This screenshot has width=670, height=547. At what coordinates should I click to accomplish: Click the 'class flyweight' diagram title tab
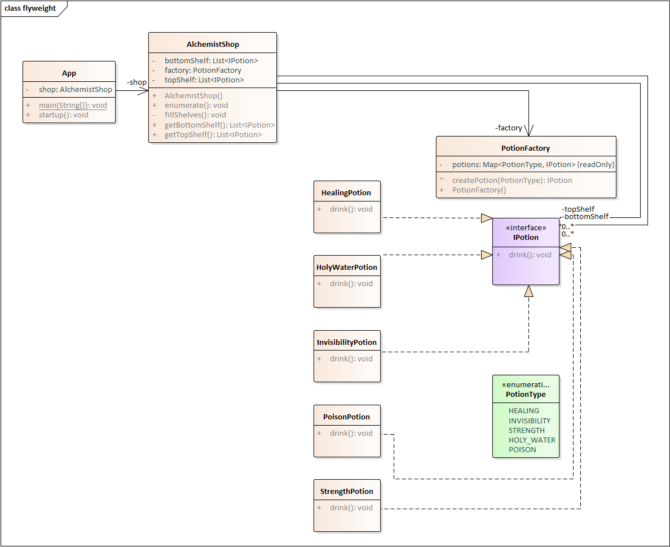click(30, 8)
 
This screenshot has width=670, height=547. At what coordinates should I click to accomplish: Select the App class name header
click(69, 73)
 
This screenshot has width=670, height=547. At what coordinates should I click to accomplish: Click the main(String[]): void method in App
click(73, 105)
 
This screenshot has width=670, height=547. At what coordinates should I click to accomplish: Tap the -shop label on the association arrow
click(136, 82)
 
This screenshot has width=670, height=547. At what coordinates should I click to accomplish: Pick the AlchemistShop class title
click(213, 45)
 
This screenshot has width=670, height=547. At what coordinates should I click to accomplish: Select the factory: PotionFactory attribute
click(203, 71)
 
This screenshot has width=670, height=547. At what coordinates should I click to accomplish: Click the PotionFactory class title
click(526, 148)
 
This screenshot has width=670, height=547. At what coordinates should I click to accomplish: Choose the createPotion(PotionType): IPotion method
click(512, 181)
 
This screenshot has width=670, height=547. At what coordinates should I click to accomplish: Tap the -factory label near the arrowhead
click(509, 128)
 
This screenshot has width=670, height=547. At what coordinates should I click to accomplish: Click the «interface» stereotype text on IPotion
click(526, 228)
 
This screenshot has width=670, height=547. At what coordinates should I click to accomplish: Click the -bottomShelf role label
click(585, 216)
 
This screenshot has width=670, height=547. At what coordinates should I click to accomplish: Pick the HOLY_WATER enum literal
click(532, 440)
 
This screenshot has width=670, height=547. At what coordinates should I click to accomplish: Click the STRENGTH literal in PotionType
click(527, 431)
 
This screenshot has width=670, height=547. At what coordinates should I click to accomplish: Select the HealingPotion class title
click(346, 193)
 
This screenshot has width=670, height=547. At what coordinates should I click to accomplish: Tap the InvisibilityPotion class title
click(346, 343)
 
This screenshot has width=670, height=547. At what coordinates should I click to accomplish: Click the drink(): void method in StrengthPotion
click(351, 508)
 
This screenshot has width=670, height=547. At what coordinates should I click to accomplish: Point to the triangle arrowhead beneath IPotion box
click(528, 291)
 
